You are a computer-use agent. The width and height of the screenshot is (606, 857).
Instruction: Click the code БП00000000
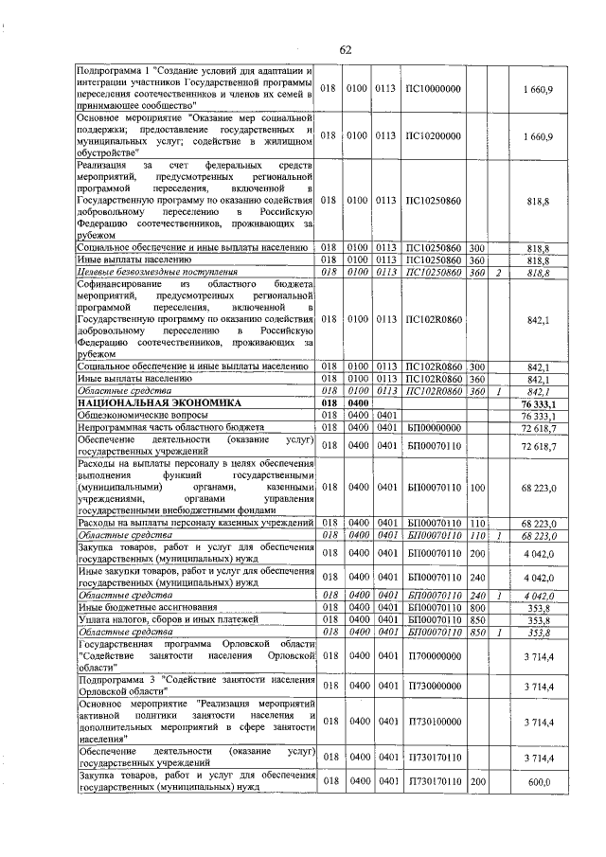pyautogui.click(x=433, y=428)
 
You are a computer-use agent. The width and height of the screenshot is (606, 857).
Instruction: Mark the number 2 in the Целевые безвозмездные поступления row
pyautogui.click(x=497, y=272)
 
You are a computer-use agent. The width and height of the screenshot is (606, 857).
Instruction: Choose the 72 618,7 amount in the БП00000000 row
pyautogui.click(x=538, y=428)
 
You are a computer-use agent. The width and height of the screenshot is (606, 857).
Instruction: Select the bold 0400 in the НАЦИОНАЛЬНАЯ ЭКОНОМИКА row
pyautogui.click(x=357, y=402)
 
